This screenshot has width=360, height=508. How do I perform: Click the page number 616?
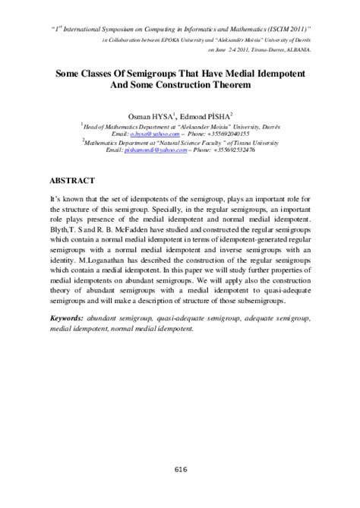point(180,469)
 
